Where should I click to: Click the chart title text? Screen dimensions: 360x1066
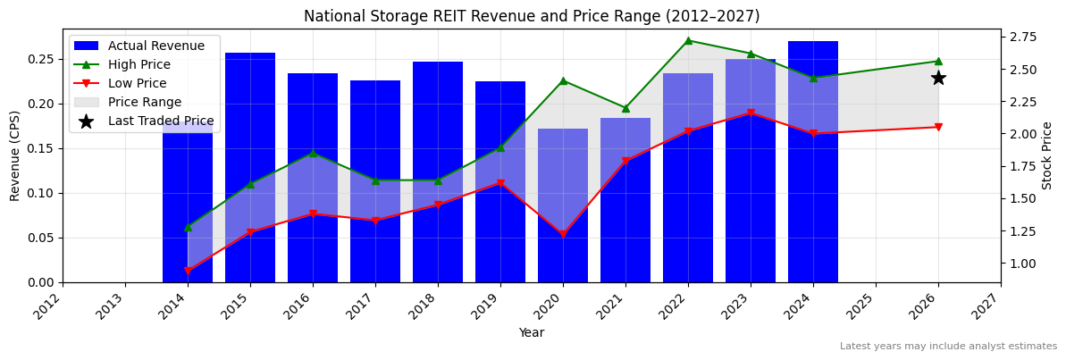point(532,16)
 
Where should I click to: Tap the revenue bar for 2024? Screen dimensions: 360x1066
point(813,161)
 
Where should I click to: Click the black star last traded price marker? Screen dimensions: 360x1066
point(938,78)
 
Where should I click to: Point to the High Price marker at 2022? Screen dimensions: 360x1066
point(688,40)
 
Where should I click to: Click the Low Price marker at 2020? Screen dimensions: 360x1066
point(563,235)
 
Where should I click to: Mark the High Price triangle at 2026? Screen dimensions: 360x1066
point(938,61)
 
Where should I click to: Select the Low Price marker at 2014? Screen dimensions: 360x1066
point(188,271)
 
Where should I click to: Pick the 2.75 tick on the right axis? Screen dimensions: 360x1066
point(1022,37)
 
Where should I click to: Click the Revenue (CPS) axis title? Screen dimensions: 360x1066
point(15,155)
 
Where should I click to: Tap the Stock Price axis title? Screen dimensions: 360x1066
point(1047,155)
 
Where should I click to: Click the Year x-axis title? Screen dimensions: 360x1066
point(532,332)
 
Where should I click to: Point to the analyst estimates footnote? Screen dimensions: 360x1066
point(948,347)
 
